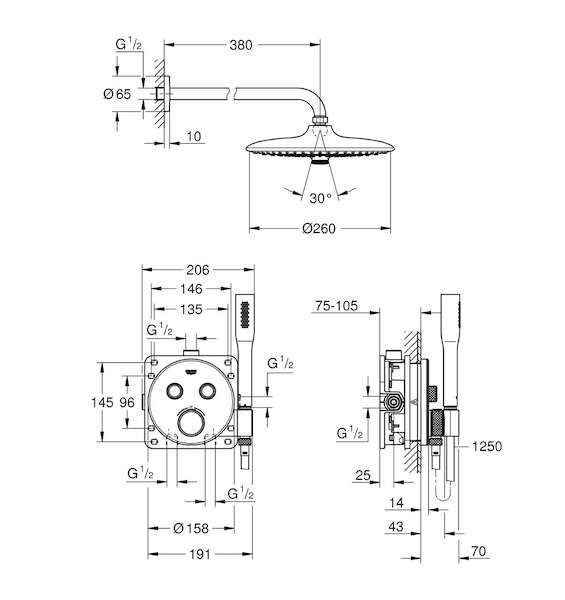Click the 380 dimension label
pos(241,45)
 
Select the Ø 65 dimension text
pos(117,94)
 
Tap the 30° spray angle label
pos(321,198)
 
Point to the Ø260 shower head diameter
pos(319,228)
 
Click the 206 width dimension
pos(198,270)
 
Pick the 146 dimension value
pos(191,289)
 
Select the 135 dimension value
pos(191,309)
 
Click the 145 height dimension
pos(102,402)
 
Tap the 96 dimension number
pos(127,402)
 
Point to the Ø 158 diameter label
pos(191,528)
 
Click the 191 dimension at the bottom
pos(200,554)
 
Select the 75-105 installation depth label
pos(337,306)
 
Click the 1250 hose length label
pos(487,446)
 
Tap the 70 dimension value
pos(478,551)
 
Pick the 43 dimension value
pos(396,527)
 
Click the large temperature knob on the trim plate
pos(191,422)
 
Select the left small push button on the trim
pos(175,391)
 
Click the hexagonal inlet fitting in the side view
pos(392,402)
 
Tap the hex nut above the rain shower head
pos(320,120)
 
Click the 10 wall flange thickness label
pos(194,137)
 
